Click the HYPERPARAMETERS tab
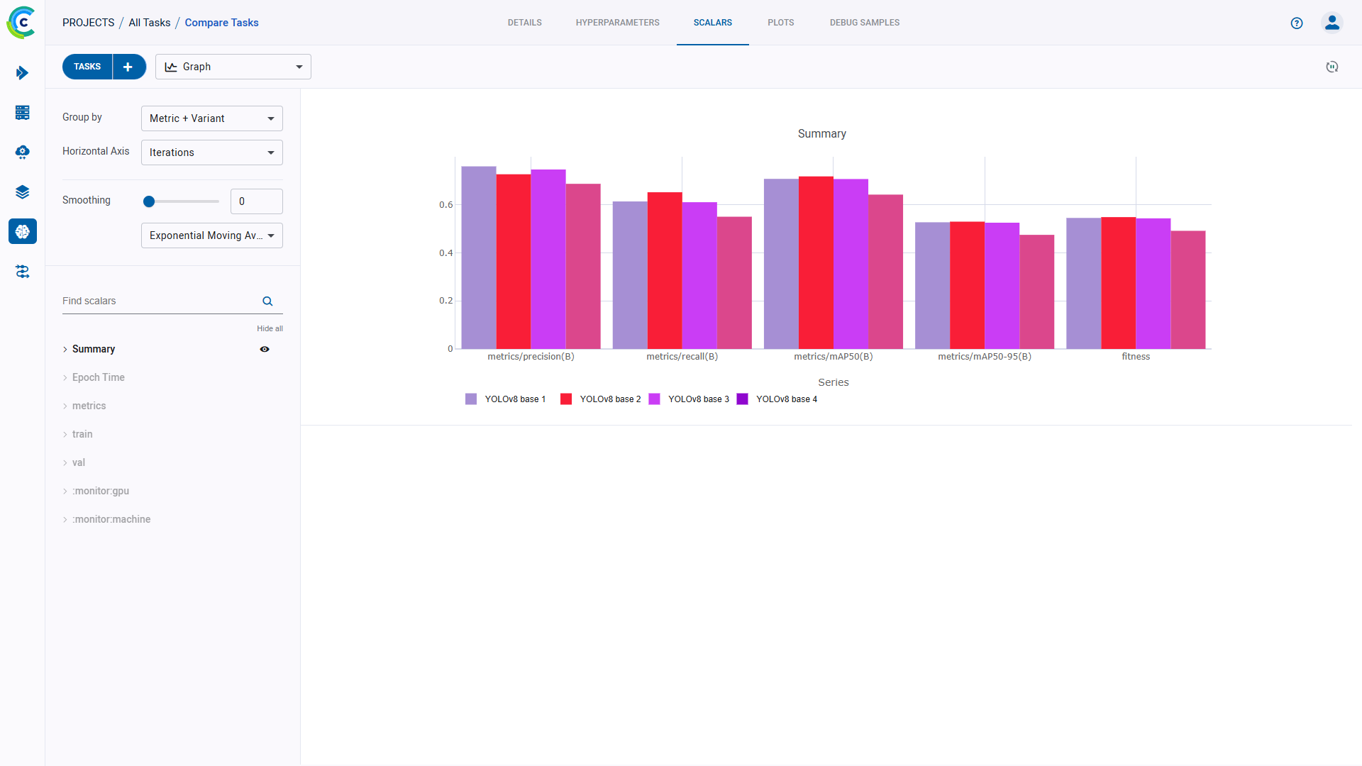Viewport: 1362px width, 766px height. (x=617, y=23)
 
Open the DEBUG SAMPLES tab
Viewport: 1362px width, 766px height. (x=864, y=23)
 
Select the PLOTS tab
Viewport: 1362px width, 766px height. (x=780, y=23)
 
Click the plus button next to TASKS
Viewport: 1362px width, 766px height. (x=128, y=67)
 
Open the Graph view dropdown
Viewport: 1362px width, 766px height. (x=233, y=67)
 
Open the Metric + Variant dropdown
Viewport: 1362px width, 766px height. (x=211, y=118)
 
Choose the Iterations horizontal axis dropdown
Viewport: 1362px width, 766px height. (x=211, y=152)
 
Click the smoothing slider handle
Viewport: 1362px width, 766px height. (x=149, y=201)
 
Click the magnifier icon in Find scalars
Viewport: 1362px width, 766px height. (x=267, y=301)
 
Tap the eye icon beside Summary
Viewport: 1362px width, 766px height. (x=265, y=349)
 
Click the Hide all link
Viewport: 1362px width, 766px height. (x=270, y=328)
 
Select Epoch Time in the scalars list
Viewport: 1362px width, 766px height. (x=98, y=377)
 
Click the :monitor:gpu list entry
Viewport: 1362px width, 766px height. (x=101, y=491)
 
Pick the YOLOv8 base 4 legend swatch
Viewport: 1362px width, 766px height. (x=743, y=399)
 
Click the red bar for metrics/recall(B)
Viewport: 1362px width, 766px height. (x=665, y=270)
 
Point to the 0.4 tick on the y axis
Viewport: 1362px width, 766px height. (x=445, y=253)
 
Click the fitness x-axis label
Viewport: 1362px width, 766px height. (x=1135, y=357)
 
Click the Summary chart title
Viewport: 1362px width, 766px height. (x=821, y=134)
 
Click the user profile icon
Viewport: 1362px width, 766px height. (x=1331, y=23)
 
